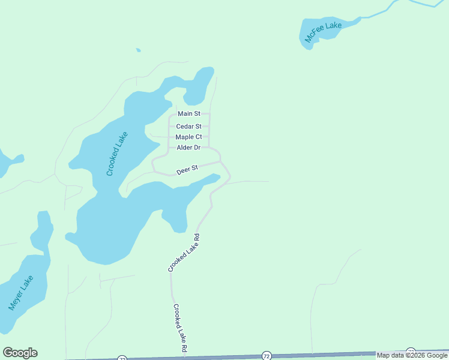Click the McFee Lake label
pyautogui.click(x=323, y=32)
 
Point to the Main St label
pyautogui.click(x=188, y=113)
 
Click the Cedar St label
pyautogui.click(x=188, y=127)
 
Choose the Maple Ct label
pyautogui.click(x=188, y=137)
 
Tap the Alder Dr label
pyautogui.click(x=188, y=148)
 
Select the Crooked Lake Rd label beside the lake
pyautogui.click(x=183, y=253)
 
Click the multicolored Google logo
pyautogui.click(x=20, y=353)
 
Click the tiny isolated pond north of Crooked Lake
pyautogui.click(x=138, y=50)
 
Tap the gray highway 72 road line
pyautogui.click(x=336, y=355)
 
